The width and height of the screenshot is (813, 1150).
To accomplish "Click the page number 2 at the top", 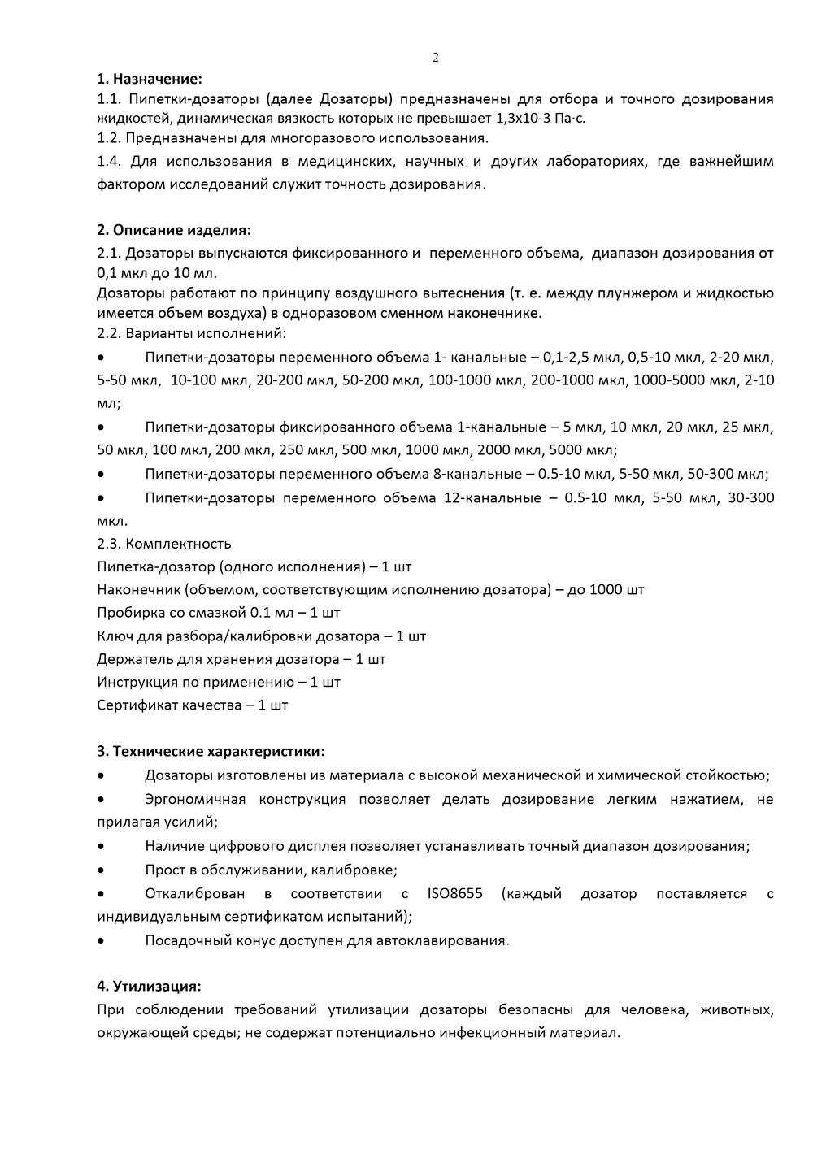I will pyautogui.click(x=435, y=58).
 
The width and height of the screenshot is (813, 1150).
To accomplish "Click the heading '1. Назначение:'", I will pyautogui.click(x=149, y=80).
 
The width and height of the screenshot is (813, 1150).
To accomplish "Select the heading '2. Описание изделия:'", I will pyautogui.click(x=174, y=230).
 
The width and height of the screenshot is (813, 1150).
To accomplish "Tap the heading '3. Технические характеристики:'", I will pyautogui.click(x=211, y=750).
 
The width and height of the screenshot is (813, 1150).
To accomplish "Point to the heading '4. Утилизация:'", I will pyautogui.click(x=149, y=986).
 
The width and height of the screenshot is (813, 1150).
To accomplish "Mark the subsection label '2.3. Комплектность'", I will pyautogui.click(x=164, y=544).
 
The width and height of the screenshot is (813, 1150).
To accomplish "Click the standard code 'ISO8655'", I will pyautogui.click(x=454, y=894).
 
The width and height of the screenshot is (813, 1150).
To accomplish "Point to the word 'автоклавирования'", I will pyautogui.click(x=439, y=941).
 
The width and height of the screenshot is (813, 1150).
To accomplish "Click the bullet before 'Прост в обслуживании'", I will pyautogui.click(x=101, y=870).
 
